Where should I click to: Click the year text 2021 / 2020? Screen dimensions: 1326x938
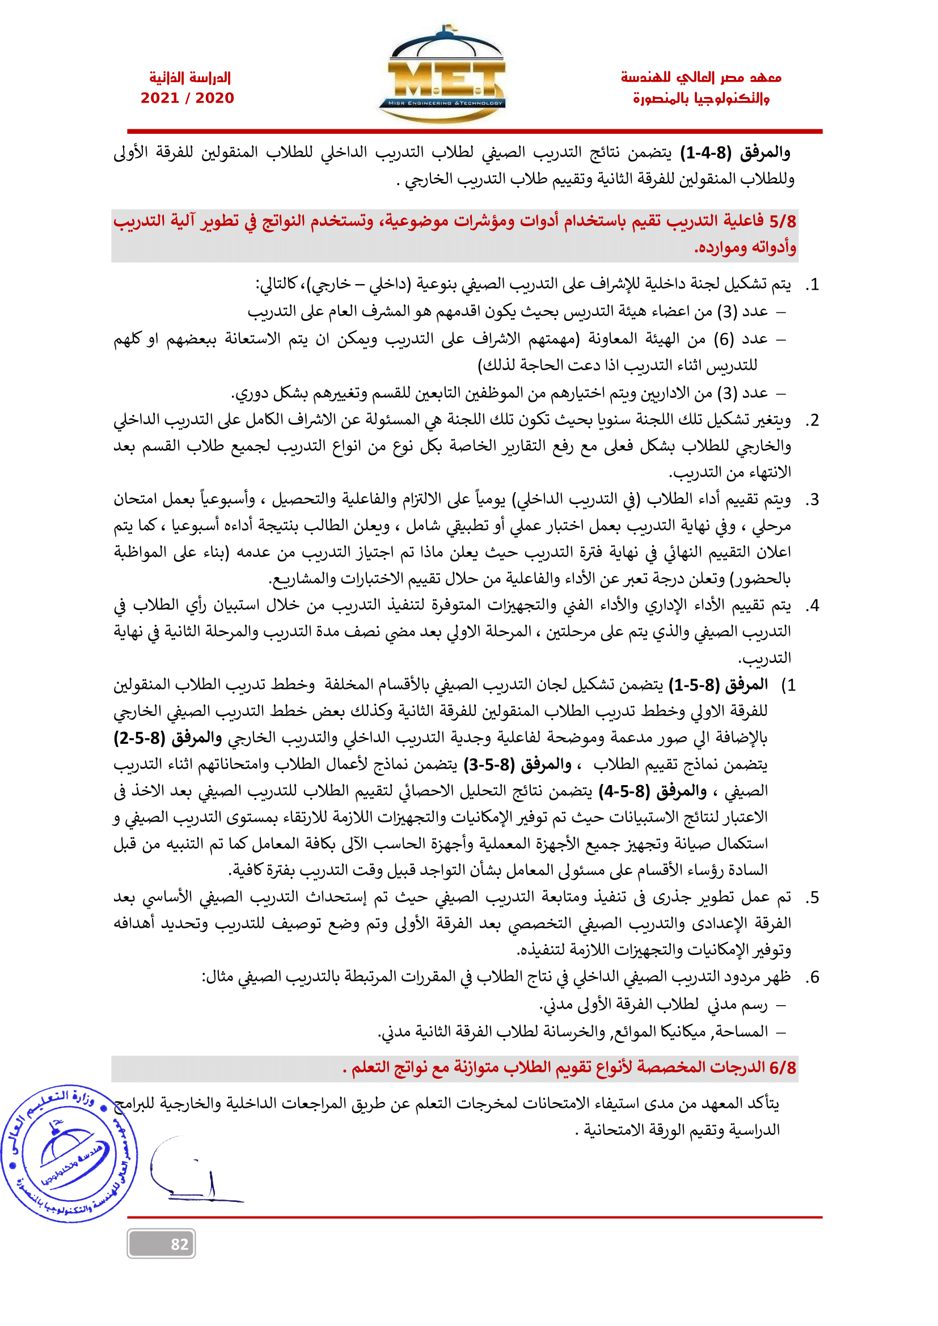click(187, 98)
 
